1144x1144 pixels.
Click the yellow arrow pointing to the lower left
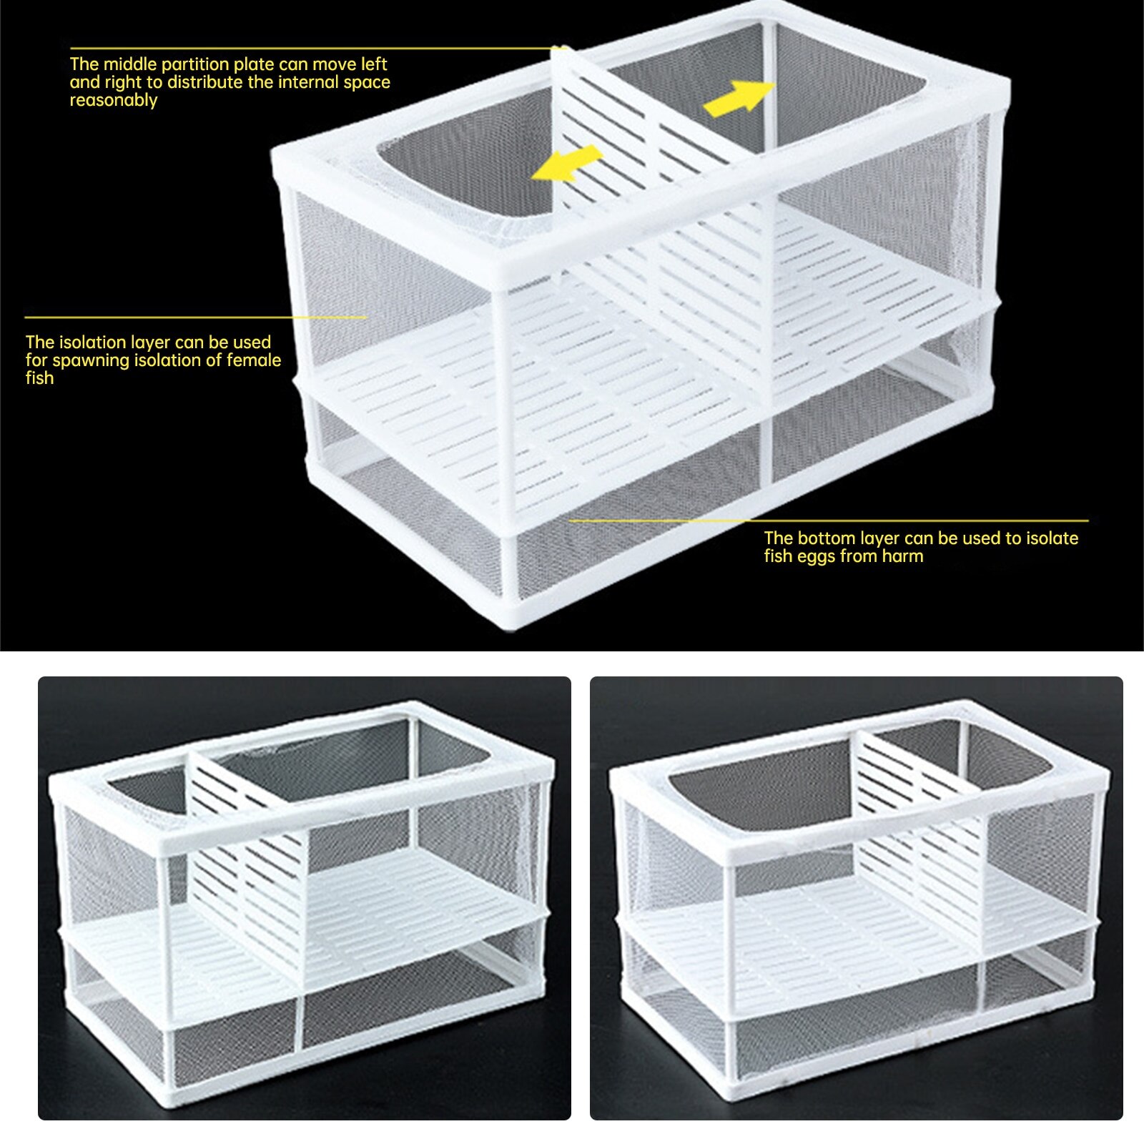(567, 164)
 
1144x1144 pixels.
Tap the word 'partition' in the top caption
(202, 64)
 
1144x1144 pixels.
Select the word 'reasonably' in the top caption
(114, 100)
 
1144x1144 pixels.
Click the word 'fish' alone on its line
(39, 378)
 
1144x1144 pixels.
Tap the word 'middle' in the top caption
(130, 64)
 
